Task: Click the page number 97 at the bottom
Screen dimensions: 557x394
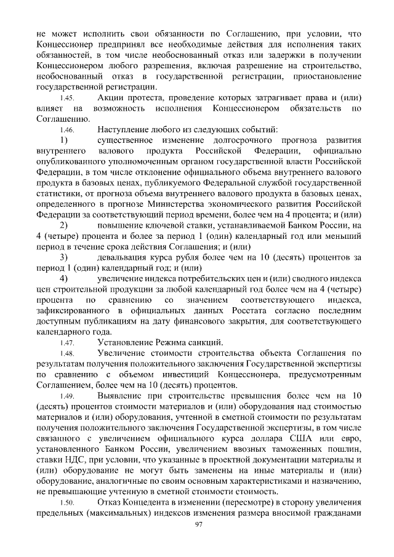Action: [198, 524]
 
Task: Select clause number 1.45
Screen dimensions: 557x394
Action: [67, 98]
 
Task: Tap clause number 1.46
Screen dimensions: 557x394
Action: [67, 130]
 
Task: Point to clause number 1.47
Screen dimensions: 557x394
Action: [67, 343]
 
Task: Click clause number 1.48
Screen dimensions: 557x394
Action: [67, 354]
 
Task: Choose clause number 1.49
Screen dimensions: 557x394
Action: [67, 396]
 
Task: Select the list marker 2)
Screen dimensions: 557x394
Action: [63, 225]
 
